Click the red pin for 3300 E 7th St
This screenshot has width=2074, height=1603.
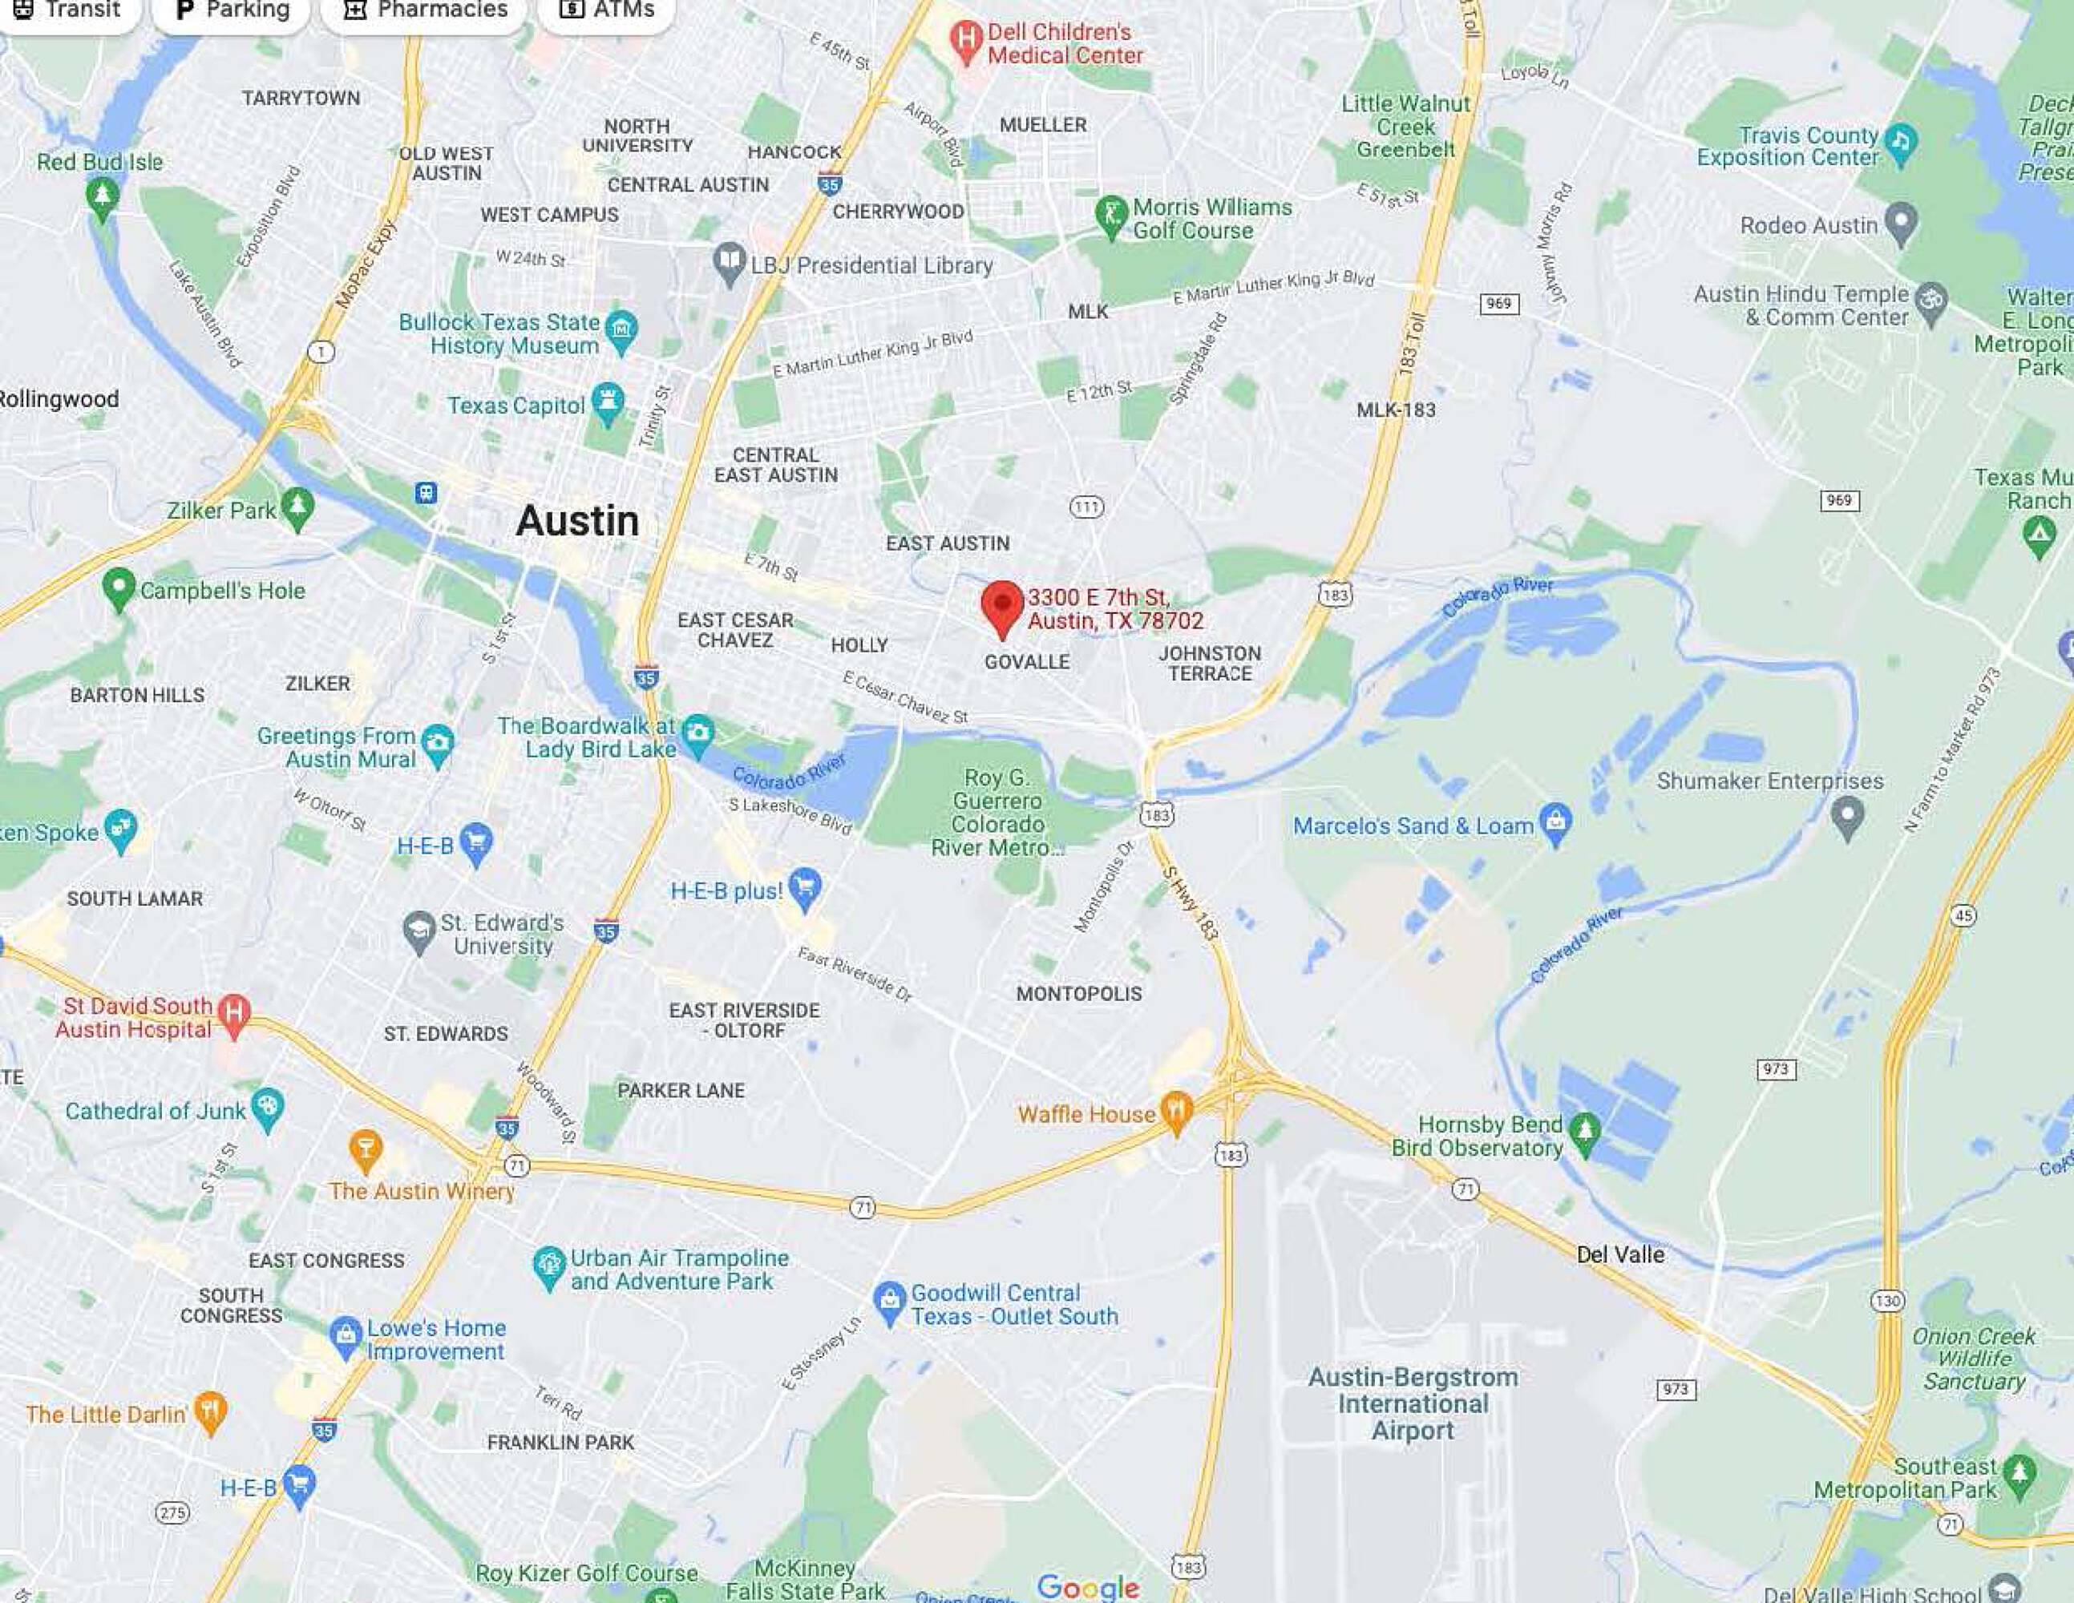(1002, 605)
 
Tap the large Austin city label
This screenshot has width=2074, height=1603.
(576, 520)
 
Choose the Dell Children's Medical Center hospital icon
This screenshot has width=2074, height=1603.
(966, 41)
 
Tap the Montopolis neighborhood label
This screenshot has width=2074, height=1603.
(1079, 993)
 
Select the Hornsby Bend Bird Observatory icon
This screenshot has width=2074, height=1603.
(1584, 1132)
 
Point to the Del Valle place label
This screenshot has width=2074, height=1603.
(1620, 1254)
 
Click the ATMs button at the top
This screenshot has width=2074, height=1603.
(607, 10)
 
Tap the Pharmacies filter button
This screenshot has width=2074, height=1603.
(423, 10)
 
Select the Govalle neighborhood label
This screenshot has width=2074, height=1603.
(1026, 662)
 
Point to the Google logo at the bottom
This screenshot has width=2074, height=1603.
(1087, 1587)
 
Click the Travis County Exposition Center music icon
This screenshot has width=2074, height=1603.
(1900, 143)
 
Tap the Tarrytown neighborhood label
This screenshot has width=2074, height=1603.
(300, 98)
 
